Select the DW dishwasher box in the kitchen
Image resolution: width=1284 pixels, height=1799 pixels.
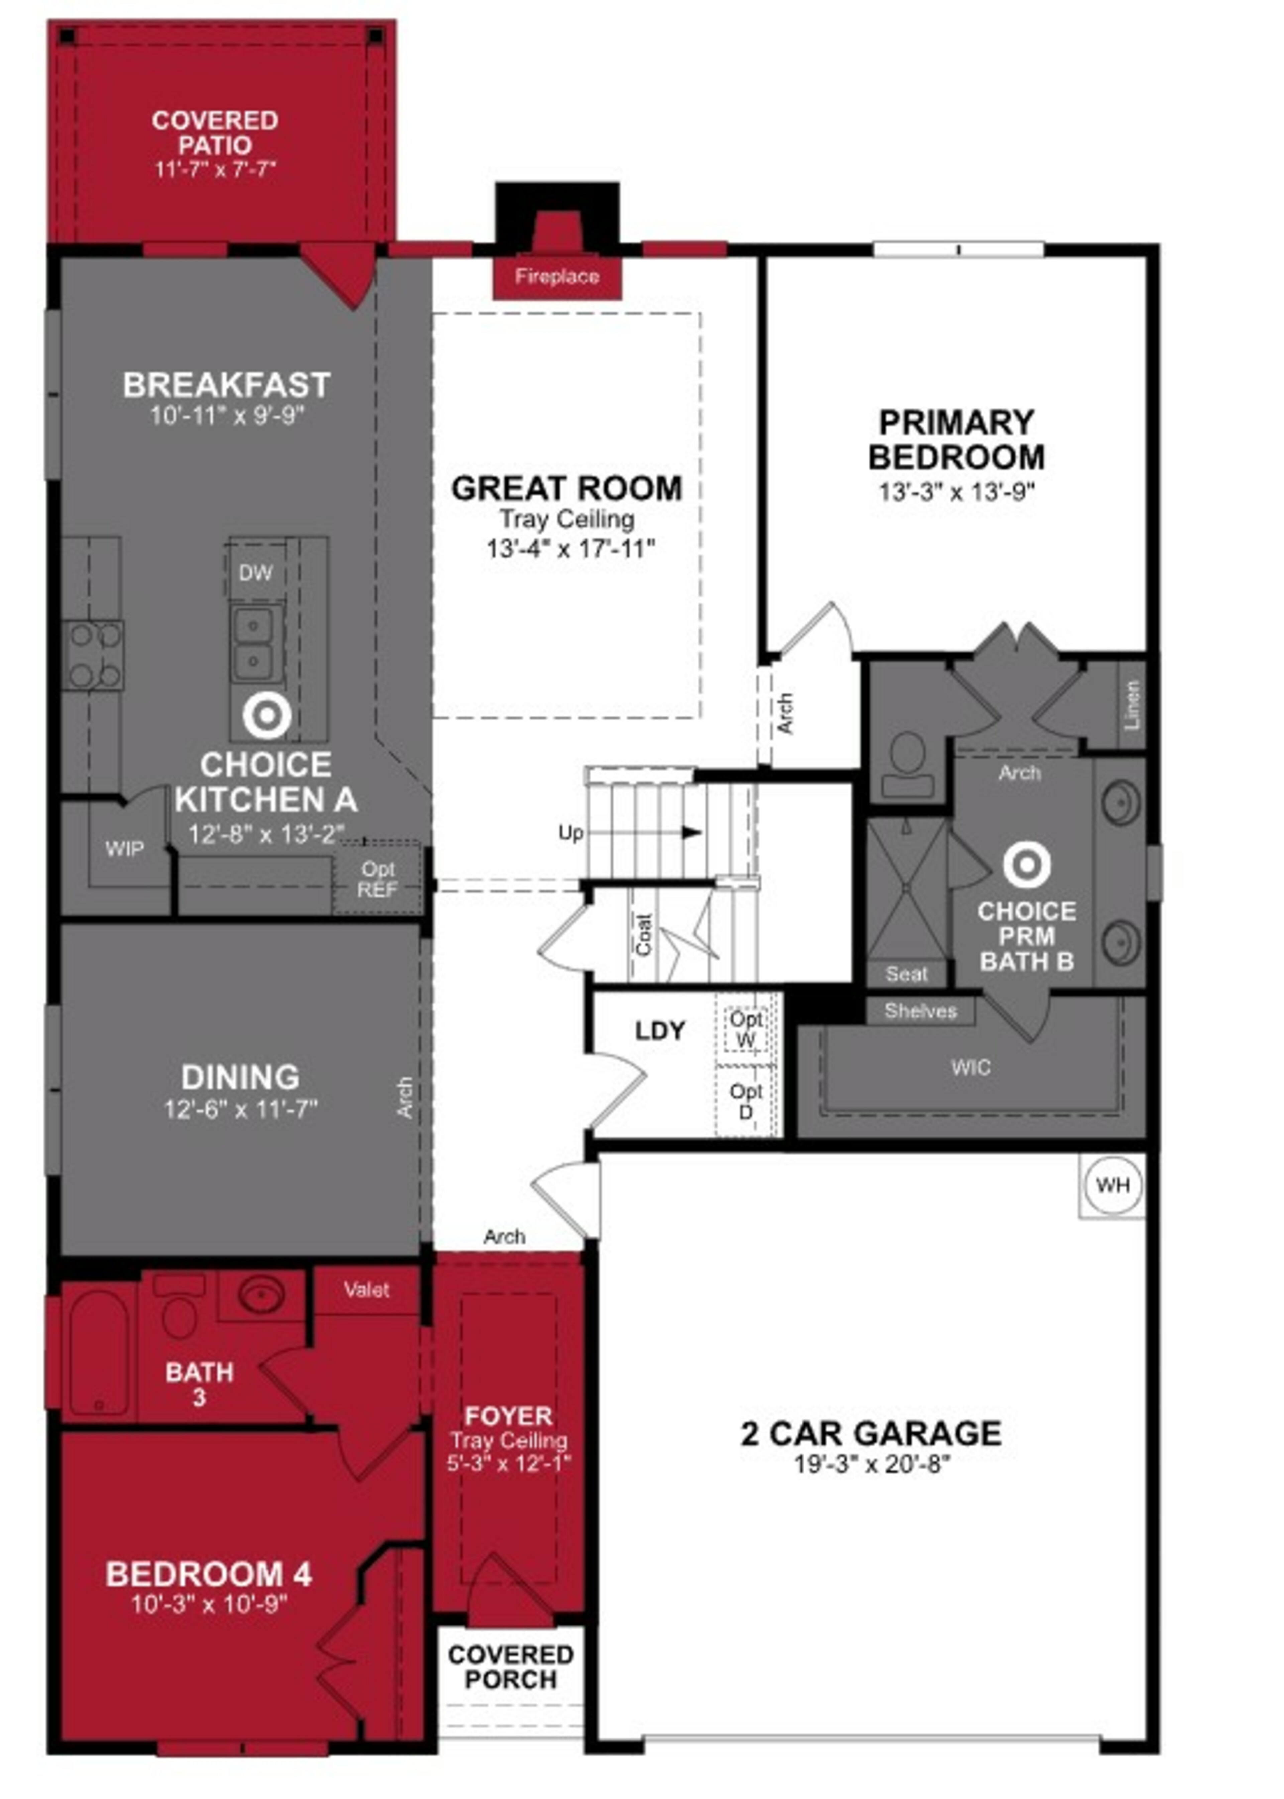pos(255,573)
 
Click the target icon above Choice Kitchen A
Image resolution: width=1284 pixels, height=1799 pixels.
pos(266,715)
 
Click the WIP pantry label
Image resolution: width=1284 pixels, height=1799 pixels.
pos(125,849)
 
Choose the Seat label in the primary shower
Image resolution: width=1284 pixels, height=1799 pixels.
pos(906,974)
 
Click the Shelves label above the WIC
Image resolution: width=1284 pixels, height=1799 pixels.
pos(920,1011)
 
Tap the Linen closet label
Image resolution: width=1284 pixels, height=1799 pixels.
pos(1132,705)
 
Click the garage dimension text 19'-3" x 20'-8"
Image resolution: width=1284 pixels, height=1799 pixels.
pos(871,1465)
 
